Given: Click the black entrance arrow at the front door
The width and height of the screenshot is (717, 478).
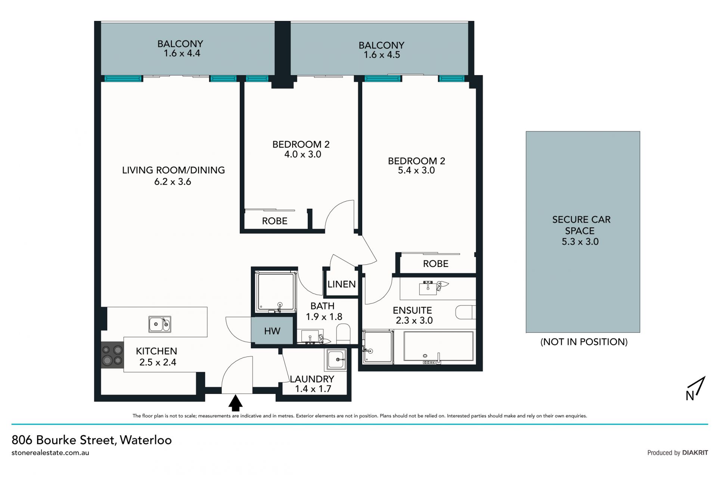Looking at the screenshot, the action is (235, 403).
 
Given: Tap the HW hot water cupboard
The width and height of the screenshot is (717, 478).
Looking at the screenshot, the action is (272, 330).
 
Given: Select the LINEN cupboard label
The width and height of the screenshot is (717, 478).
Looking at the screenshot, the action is (341, 284).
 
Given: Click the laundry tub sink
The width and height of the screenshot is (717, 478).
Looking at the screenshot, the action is (336, 359).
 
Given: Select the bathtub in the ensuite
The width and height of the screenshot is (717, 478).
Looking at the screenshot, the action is (438, 347).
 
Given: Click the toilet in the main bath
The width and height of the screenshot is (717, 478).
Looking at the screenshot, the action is (343, 334).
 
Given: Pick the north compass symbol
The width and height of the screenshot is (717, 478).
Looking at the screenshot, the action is (695, 389).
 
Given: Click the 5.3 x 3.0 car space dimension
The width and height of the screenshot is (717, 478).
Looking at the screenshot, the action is (580, 242).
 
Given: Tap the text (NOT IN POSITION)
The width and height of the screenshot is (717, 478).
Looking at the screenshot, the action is (584, 342).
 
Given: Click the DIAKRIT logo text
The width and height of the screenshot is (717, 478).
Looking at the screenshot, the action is (695, 453).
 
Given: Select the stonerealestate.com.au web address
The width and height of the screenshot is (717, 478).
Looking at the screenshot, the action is (50, 453).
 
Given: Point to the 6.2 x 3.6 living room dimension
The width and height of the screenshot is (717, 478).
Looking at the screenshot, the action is (173, 182).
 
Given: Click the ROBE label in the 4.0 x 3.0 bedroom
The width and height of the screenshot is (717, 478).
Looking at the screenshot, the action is (274, 221).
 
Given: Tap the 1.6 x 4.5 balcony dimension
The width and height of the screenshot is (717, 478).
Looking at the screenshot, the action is (382, 55).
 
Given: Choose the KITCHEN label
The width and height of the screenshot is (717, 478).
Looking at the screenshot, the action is (156, 351).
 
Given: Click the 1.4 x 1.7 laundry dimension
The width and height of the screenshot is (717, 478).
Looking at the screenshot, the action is (313, 389).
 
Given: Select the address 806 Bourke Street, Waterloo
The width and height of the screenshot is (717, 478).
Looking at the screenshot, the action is (91, 440).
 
